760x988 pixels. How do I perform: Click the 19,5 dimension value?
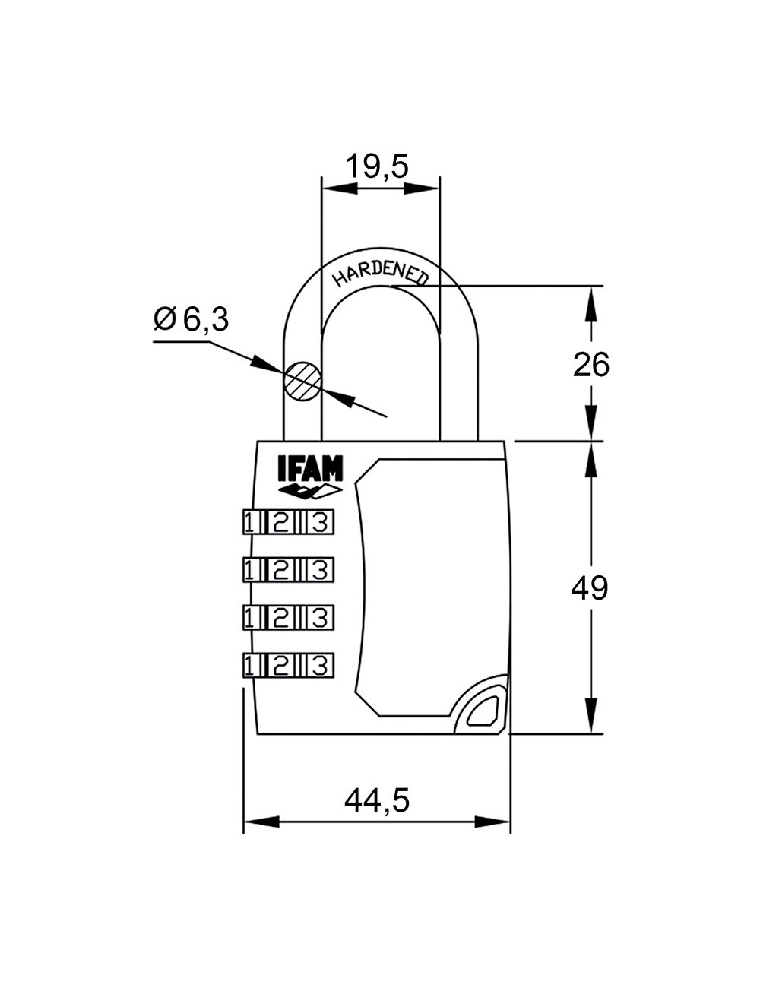(377, 166)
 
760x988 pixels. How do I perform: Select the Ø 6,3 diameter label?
(191, 320)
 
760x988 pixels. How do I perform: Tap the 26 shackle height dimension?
(591, 365)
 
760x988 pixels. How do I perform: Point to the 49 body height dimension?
(590, 587)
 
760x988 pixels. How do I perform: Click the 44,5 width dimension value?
(377, 800)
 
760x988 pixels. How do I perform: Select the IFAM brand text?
(310, 469)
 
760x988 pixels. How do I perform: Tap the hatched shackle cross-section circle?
(302, 380)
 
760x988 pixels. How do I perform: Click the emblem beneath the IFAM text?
(310, 492)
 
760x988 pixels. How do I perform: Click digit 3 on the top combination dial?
(320, 522)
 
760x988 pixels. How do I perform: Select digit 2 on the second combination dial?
(281, 569)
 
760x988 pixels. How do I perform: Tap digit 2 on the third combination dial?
(281, 617)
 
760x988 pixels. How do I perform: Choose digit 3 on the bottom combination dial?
(320, 665)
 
